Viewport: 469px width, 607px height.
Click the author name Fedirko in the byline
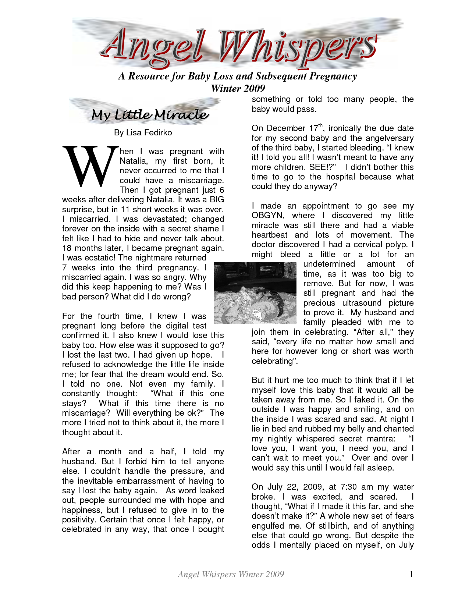point(158,132)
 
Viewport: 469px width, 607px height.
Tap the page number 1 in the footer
point(411,574)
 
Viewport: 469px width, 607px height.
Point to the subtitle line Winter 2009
point(238,88)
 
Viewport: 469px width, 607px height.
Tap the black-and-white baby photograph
point(255,293)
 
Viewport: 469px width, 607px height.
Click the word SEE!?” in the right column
point(323,167)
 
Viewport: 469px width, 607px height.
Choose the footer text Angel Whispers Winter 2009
point(231,574)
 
